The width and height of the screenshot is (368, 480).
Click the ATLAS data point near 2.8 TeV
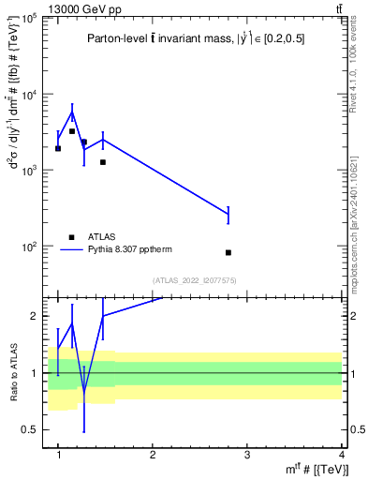pos(228,252)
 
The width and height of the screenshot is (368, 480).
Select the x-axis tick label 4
pos(342,455)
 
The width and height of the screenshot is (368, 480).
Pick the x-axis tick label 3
pos(247,455)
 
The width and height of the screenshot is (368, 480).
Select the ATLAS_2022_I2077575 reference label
pos(196,280)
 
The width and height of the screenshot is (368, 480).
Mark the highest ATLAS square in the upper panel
pos(71,131)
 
